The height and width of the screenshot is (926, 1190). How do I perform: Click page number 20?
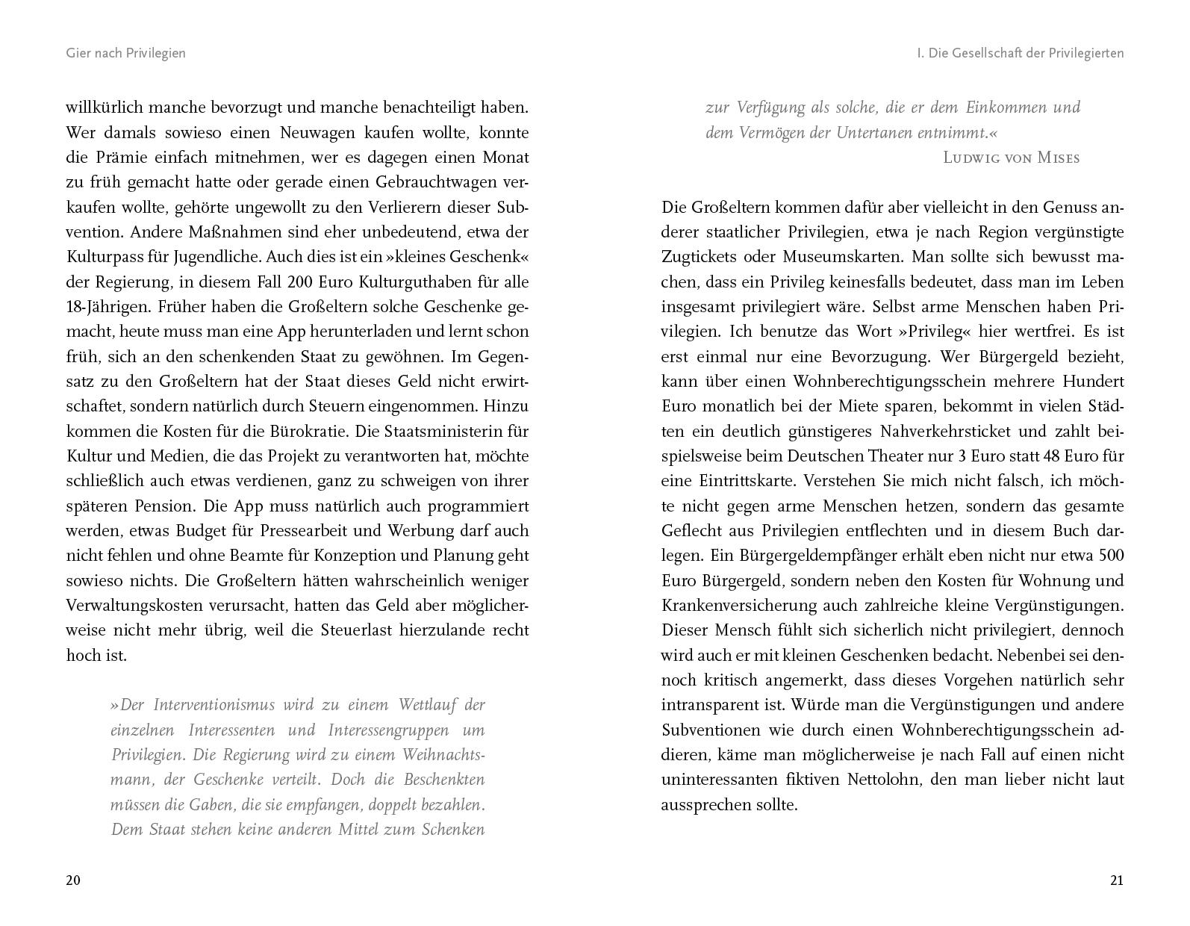(x=73, y=880)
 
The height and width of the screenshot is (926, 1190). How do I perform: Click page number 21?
(x=1116, y=880)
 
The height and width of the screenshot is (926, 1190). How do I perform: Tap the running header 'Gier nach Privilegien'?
(x=125, y=53)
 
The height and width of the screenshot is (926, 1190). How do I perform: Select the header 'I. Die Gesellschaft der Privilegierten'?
(x=1020, y=53)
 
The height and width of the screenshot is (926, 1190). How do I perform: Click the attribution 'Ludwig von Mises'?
(x=1012, y=158)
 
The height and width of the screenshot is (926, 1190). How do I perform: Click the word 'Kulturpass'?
(x=105, y=257)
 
